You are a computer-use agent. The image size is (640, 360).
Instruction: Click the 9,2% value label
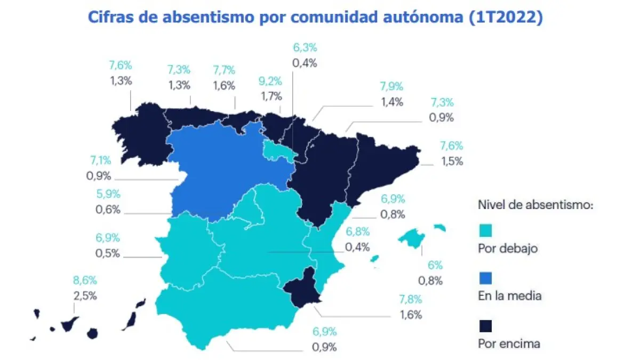[270, 83]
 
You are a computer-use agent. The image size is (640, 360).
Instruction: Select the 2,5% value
[85, 295]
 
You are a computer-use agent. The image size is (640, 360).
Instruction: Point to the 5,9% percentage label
[108, 195]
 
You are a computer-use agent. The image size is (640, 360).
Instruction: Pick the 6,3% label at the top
[305, 47]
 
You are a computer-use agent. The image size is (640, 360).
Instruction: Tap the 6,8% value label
[358, 232]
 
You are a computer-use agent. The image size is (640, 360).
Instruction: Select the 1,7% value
[270, 97]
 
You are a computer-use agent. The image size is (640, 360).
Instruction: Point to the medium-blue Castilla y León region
[224, 171]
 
